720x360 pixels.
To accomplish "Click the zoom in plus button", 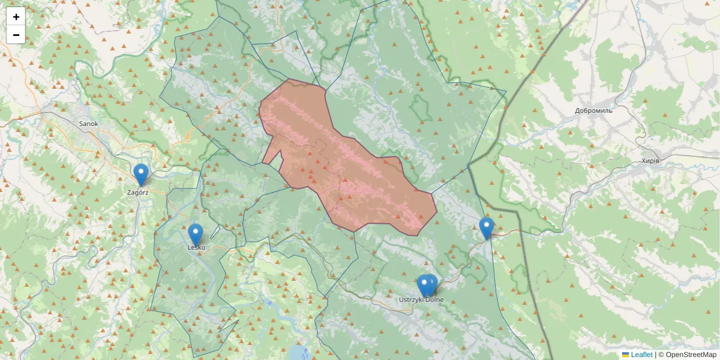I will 16,17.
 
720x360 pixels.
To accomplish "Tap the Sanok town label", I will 88,124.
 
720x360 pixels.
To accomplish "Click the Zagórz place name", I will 138,193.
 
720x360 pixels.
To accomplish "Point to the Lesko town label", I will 196,247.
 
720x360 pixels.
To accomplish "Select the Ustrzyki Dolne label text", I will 422,299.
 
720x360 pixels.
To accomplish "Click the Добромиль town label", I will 593,111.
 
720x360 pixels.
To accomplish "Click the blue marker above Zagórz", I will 141,173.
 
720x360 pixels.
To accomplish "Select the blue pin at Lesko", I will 196,233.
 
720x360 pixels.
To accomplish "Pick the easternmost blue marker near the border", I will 487,227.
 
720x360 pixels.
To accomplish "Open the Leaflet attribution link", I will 641,355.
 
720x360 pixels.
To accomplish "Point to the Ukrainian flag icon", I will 625,355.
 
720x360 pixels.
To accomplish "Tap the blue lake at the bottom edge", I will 298,352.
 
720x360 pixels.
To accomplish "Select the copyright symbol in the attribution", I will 661,355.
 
